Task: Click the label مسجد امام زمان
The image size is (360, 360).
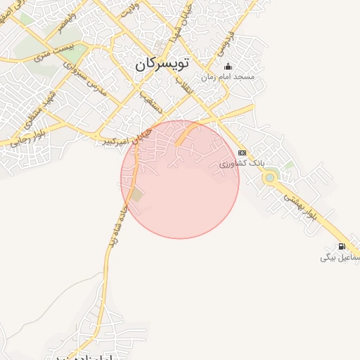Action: [228, 76]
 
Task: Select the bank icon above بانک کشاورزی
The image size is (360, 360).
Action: [243, 153]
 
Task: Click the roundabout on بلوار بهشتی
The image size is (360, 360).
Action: [269, 178]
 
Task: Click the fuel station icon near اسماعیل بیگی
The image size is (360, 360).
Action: [342, 246]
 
